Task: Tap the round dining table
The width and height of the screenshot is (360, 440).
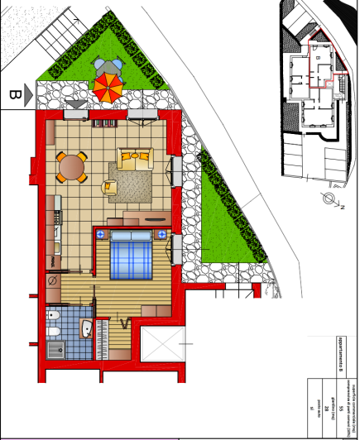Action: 73,168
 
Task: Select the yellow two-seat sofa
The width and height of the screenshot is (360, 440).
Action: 134,157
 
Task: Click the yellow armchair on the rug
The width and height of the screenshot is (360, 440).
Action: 112,187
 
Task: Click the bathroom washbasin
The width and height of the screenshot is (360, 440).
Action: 87,329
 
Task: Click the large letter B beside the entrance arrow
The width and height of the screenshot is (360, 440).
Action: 14,95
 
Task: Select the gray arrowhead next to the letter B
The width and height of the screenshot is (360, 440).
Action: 29,95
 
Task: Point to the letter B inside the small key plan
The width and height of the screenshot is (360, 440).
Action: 318,59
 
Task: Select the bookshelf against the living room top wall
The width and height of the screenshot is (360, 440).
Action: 107,123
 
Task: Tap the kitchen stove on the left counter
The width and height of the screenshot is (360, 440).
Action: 55,217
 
